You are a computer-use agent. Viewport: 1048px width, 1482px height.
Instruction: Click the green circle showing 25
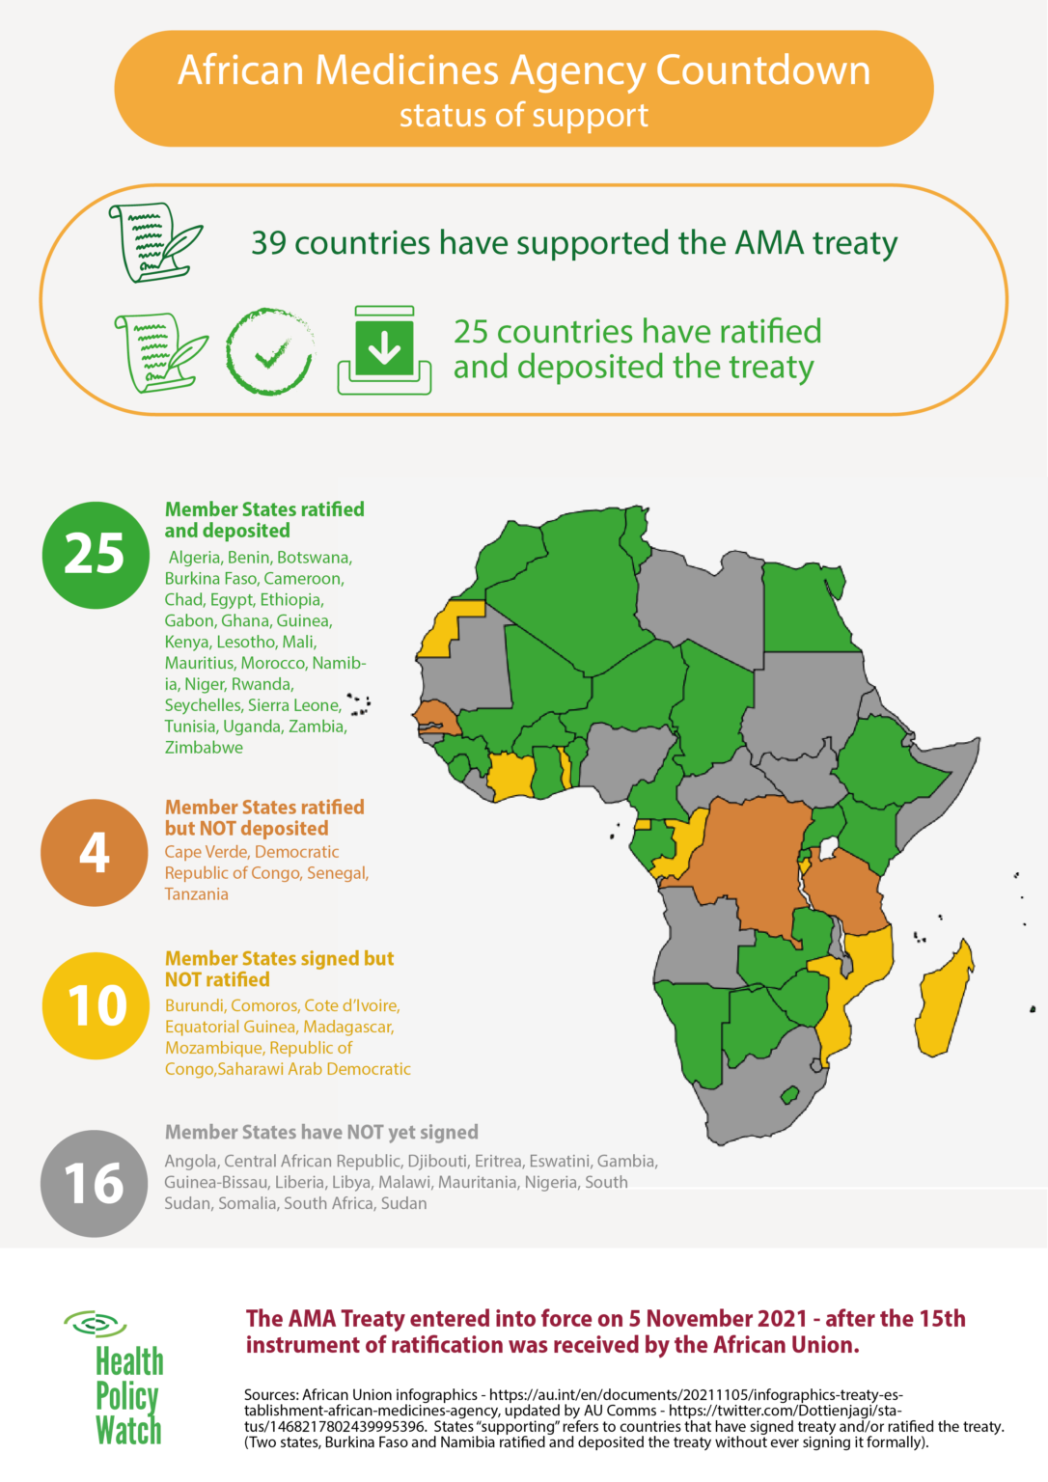click(x=96, y=555)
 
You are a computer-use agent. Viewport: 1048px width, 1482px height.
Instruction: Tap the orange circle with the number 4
click(x=94, y=853)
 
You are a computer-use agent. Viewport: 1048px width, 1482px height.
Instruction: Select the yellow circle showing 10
click(x=96, y=1005)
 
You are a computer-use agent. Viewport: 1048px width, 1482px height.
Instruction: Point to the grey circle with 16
click(x=94, y=1184)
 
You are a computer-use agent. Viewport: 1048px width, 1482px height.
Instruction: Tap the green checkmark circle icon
click(x=269, y=352)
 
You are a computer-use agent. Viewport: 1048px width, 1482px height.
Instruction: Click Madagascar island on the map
click(x=943, y=1003)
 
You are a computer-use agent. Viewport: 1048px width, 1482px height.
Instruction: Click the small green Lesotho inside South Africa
click(x=789, y=1095)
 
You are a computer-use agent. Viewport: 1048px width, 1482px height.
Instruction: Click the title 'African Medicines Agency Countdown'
click(x=524, y=71)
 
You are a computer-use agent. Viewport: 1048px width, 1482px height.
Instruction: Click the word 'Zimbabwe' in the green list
click(x=204, y=748)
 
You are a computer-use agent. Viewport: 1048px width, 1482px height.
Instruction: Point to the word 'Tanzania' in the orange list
click(x=196, y=894)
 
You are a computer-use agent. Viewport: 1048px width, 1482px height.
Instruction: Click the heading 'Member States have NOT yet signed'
click(x=321, y=1133)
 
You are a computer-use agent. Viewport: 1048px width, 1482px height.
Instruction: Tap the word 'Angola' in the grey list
click(x=190, y=1162)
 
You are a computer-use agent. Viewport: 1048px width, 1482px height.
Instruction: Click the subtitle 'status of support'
click(x=524, y=116)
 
